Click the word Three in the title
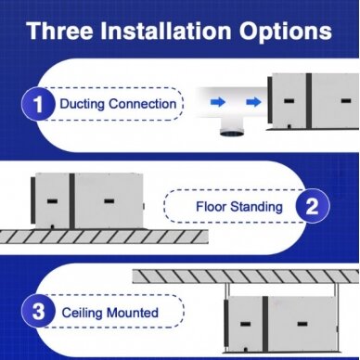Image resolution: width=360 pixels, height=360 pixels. point(59,31)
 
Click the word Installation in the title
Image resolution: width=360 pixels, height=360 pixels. point(166,31)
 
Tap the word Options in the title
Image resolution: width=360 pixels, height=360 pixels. point(285,32)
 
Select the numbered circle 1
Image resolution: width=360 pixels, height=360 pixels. point(38,104)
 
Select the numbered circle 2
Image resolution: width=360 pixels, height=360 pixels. point(313,206)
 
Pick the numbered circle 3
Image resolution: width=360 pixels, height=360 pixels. point(38,311)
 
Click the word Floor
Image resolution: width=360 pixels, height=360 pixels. point(210,206)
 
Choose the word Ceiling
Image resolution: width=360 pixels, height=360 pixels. point(82,313)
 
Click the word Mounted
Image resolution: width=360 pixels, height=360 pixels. point(133,313)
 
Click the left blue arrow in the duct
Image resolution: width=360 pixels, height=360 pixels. point(218,102)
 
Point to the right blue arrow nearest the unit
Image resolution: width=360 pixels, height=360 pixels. point(253,102)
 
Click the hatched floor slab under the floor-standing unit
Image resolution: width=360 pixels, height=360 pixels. point(104,237)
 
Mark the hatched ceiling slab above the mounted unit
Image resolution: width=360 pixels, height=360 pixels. point(247,276)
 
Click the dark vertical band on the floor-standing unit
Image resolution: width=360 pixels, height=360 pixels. point(71,201)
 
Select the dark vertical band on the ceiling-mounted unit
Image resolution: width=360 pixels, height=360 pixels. point(265,324)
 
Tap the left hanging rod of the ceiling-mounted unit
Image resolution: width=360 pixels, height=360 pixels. point(227,290)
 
